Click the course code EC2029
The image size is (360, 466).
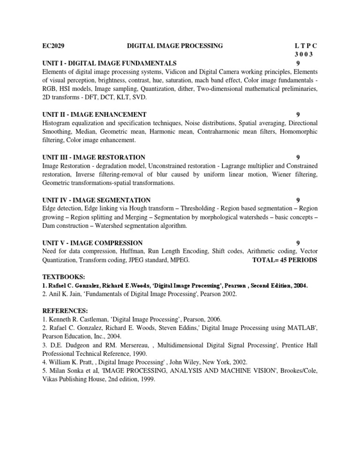point(53,46)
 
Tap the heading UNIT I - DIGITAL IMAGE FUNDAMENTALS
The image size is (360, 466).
point(109,63)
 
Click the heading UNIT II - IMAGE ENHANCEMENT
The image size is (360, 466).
point(94,114)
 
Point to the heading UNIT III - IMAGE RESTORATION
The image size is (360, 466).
point(94,157)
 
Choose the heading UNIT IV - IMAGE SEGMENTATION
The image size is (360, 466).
point(96,200)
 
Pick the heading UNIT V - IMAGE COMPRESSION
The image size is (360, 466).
point(92,243)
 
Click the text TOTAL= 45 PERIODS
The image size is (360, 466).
point(285,260)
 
